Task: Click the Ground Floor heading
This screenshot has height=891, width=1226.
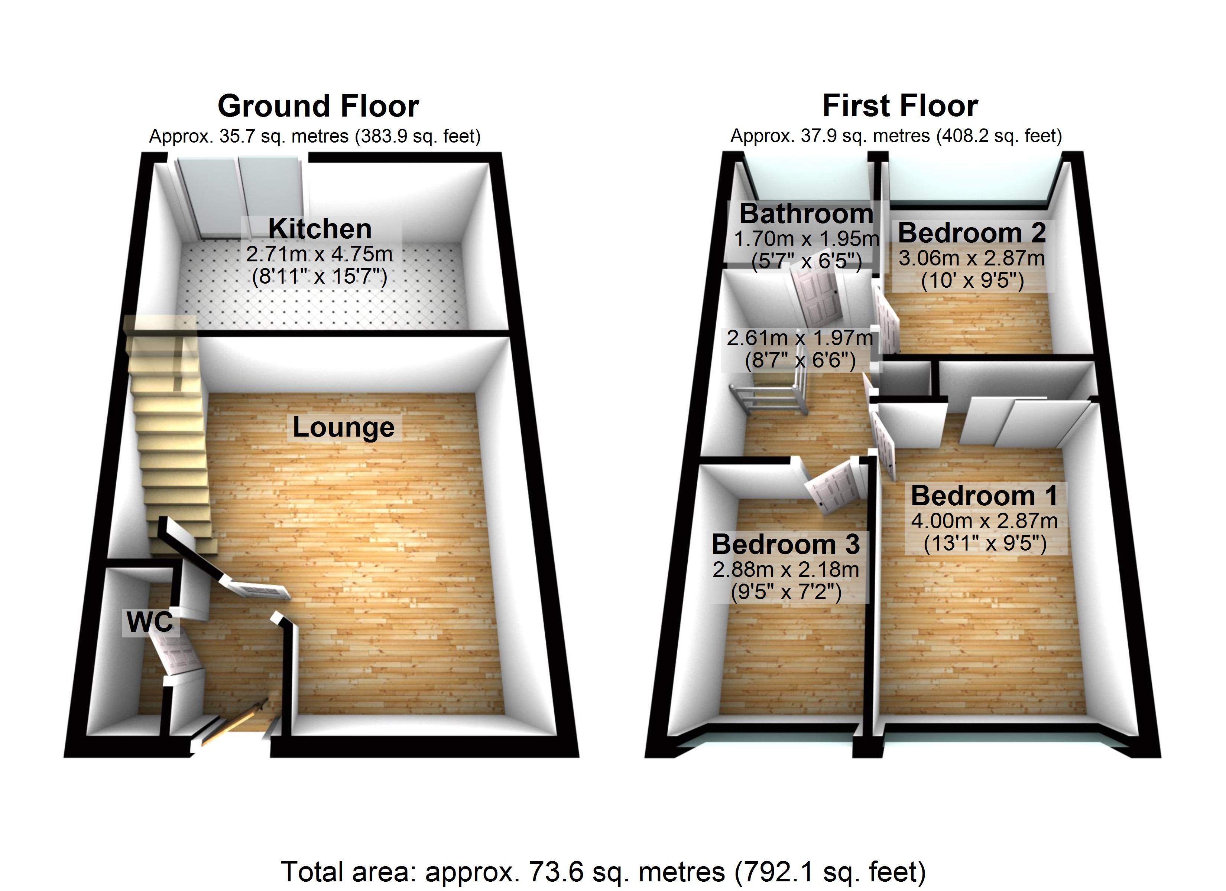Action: [x=318, y=106]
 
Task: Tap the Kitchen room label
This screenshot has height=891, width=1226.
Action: [x=320, y=229]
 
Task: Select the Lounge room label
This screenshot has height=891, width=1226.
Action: [x=343, y=427]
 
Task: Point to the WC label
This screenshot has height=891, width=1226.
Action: [x=150, y=622]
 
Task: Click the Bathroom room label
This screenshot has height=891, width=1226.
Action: [x=806, y=214]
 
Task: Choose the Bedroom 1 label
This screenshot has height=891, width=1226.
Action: [x=984, y=496]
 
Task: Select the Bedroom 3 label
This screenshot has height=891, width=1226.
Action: [x=785, y=545]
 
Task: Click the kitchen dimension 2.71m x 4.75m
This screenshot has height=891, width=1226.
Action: [x=320, y=254]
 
